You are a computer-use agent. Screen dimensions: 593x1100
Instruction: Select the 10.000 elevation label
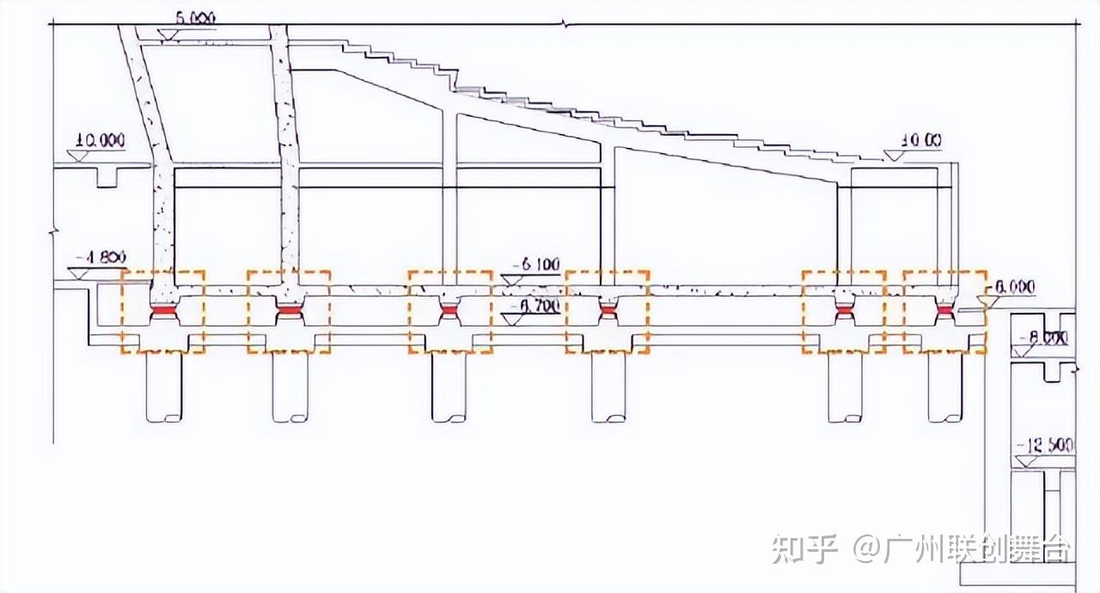pos(100,141)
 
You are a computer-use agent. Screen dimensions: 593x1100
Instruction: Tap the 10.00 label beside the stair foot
pos(921,140)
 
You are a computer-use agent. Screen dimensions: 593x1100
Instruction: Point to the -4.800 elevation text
pos(101,256)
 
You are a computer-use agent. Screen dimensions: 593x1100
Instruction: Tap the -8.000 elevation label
pos(1042,339)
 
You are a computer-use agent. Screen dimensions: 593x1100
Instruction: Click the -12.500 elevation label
pos(1044,445)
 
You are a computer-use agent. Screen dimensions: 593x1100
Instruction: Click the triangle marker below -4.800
pos(77,272)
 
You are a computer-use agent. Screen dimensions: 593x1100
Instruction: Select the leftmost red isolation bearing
pos(162,310)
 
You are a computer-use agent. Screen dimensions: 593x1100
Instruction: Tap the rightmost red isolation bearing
pos(944,310)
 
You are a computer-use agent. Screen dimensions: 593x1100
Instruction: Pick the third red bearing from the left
pos(449,310)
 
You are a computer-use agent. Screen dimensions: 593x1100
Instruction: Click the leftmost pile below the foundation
pos(163,387)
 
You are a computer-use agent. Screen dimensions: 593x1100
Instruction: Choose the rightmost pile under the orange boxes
pos(944,387)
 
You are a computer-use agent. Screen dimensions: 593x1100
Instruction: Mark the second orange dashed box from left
pos(288,312)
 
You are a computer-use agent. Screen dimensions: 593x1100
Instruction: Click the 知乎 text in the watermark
pos(804,548)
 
